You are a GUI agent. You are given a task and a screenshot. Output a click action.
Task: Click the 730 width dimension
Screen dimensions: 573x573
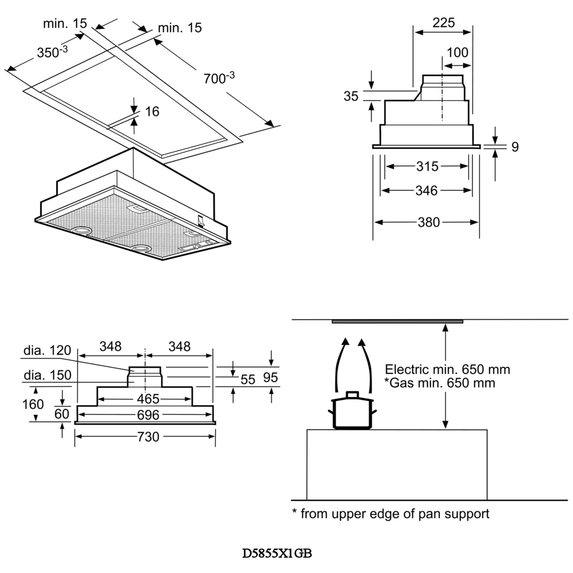[148, 436]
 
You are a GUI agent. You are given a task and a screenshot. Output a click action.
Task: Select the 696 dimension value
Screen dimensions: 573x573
[148, 415]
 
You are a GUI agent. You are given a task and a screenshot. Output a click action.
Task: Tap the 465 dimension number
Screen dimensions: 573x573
[148, 399]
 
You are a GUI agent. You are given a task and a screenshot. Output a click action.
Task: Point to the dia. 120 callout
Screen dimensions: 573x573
[47, 350]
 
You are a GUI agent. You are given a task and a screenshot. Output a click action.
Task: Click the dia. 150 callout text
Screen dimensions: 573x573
[47, 375]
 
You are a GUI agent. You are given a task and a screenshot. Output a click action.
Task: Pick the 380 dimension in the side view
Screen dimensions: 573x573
[428, 222]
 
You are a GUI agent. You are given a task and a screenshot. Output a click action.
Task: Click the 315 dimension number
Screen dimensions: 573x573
[427, 166]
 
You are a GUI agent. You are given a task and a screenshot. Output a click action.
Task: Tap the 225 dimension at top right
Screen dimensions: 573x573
[444, 22]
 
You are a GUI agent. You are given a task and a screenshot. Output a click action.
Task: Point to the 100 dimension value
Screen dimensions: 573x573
[457, 52]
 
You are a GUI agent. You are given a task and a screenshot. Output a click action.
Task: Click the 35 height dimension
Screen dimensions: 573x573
[351, 96]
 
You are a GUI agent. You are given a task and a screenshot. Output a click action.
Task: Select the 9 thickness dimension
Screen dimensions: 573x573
[515, 147]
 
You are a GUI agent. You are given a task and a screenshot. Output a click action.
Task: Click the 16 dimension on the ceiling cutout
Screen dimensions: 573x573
[152, 111]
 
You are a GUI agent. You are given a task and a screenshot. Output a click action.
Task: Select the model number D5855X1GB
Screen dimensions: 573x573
[277, 553]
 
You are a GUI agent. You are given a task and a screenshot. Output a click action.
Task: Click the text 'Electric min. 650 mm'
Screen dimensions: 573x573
[447, 369]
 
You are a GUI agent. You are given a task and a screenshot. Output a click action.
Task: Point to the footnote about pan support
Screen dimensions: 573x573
[391, 514]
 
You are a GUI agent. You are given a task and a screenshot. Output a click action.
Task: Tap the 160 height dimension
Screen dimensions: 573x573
[33, 404]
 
